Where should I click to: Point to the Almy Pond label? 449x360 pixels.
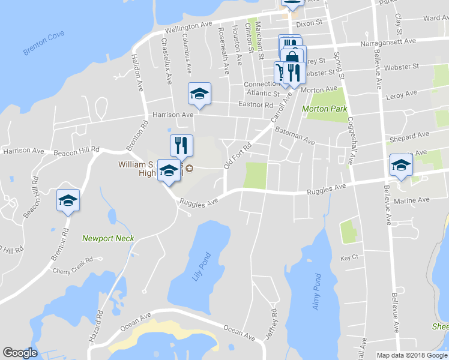tap(317, 293)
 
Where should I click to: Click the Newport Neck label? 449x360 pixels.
tap(108, 238)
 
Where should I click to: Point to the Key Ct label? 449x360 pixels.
tap(349, 257)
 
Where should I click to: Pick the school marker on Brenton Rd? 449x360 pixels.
tap(68, 201)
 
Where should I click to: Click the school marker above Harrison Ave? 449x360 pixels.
tap(199, 94)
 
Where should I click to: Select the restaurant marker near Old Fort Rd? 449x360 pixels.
tap(181, 145)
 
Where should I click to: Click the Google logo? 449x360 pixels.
tap(20, 353)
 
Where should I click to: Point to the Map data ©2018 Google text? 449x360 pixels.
tap(411, 355)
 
